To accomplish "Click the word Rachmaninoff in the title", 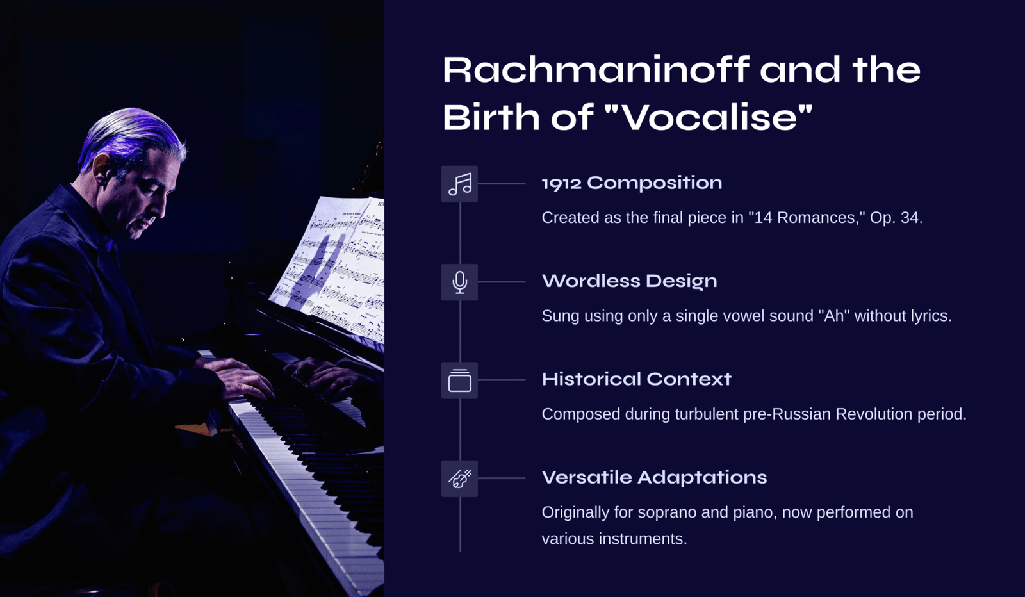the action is click(x=596, y=70).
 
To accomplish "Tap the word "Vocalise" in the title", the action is click(x=709, y=117).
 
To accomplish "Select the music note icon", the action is click(x=459, y=184).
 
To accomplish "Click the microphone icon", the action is click(x=459, y=282).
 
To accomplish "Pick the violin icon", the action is click(x=459, y=478).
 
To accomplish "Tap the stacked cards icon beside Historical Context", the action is click(x=459, y=380).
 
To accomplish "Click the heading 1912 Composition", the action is click(x=632, y=183).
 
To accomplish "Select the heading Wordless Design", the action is click(x=629, y=281).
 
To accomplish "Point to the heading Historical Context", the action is click(x=637, y=379).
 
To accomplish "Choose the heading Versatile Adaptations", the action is click(x=654, y=478).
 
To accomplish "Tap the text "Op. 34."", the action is click(x=896, y=218).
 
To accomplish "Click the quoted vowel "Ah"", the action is click(x=833, y=316).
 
